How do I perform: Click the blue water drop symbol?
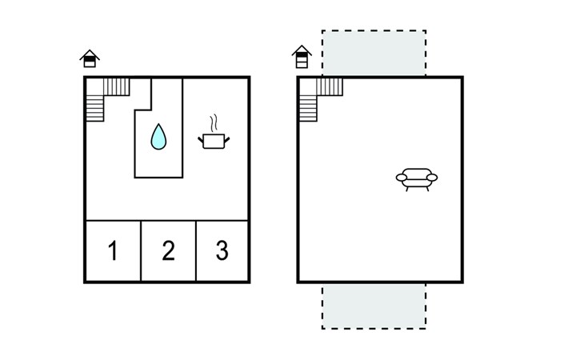(158, 137)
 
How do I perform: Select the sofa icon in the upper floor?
(417, 180)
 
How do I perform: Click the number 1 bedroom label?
(113, 250)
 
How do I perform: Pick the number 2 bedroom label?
(168, 250)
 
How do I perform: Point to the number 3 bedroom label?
(222, 250)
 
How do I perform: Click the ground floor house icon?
(90, 58)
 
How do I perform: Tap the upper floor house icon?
(302, 57)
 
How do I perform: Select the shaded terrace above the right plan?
(374, 54)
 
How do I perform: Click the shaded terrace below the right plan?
(374, 306)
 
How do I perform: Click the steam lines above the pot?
(214, 123)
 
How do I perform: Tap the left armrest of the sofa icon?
(402, 178)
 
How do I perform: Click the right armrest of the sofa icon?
(432, 178)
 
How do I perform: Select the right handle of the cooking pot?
(227, 140)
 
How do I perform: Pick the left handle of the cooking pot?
(200, 140)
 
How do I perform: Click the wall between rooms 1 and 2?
(141, 251)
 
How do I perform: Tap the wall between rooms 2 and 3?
(196, 251)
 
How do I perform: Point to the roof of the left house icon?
(90, 54)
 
